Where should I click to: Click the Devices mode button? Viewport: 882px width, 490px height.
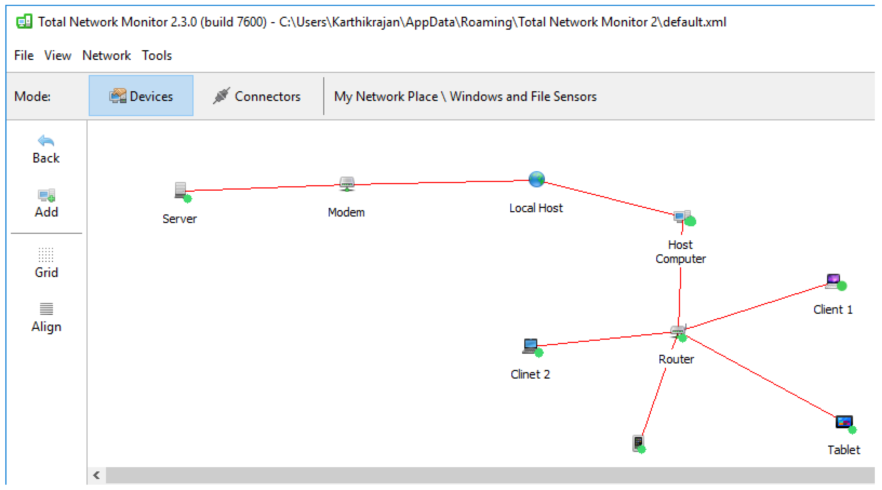pos(141,97)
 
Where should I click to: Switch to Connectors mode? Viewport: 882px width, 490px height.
pos(257,97)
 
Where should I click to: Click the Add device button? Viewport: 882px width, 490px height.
pos(46,204)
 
